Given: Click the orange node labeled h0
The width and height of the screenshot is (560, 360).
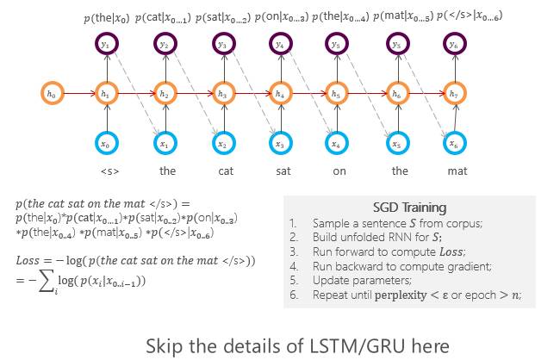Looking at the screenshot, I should [x=50, y=90].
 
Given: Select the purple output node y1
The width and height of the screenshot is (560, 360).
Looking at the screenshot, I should [x=108, y=43].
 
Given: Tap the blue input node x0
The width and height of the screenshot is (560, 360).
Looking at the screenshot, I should [x=108, y=143].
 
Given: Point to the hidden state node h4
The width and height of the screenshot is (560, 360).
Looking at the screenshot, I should [x=279, y=93].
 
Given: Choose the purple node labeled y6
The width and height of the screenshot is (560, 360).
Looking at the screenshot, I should [x=453, y=43].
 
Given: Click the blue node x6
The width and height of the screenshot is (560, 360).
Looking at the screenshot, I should [x=453, y=143].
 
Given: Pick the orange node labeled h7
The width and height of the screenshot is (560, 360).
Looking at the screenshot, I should [x=453, y=93].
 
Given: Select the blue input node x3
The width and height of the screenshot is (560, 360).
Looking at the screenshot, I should [x=279, y=143].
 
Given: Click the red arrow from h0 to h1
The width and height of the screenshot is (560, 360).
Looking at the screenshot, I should [x=78, y=90].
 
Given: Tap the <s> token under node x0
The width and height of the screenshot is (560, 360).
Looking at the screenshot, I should [x=109, y=171].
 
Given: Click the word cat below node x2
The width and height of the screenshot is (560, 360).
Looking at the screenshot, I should [x=225, y=171].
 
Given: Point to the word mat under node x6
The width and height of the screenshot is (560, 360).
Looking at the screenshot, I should [x=457, y=171].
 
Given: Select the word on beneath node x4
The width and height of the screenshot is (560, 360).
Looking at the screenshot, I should [x=339, y=171].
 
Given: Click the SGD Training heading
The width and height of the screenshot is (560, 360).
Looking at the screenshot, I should [x=409, y=208].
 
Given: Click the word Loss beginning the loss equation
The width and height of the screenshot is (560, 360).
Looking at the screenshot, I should [x=29, y=260].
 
